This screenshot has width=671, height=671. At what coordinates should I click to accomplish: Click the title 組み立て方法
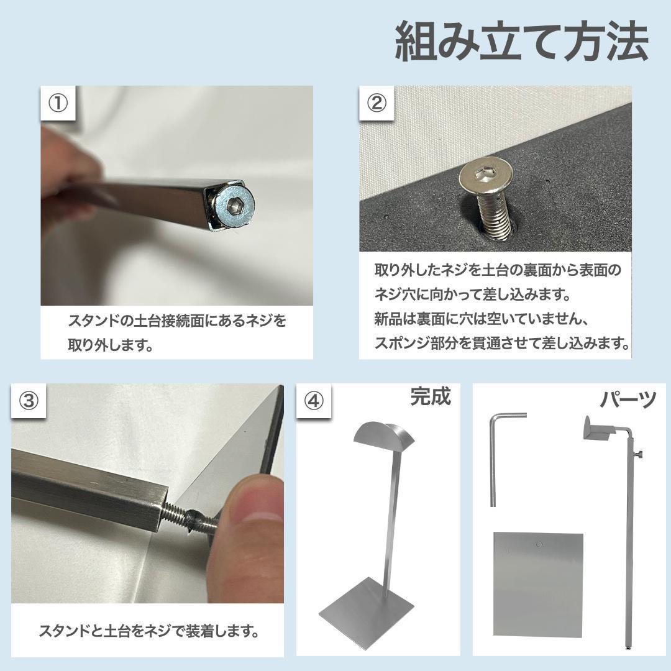click(x=521, y=42)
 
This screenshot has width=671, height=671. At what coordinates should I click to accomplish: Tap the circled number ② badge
click(x=377, y=103)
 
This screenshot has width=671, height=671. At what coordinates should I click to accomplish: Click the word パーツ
click(x=628, y=400)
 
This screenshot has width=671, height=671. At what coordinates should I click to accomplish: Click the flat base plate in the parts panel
click(x=538, y=584)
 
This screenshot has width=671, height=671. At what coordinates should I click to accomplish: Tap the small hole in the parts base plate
click(x=539, y=545)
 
